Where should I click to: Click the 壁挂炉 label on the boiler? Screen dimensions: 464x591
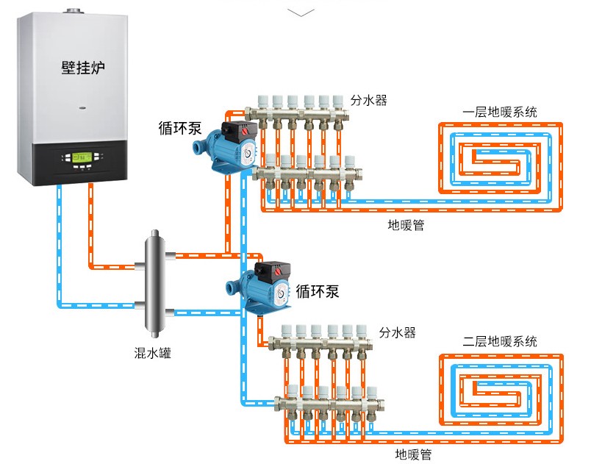(83, 68)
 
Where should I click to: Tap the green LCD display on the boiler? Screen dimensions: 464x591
(76, 157)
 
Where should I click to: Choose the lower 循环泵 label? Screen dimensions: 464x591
(318, 290)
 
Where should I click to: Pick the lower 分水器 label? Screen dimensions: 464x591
(398, 333)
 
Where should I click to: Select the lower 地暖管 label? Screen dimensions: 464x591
(414, 454)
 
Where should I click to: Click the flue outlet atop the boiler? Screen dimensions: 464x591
(74, 13)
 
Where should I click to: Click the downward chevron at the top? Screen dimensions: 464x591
(301, 12)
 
